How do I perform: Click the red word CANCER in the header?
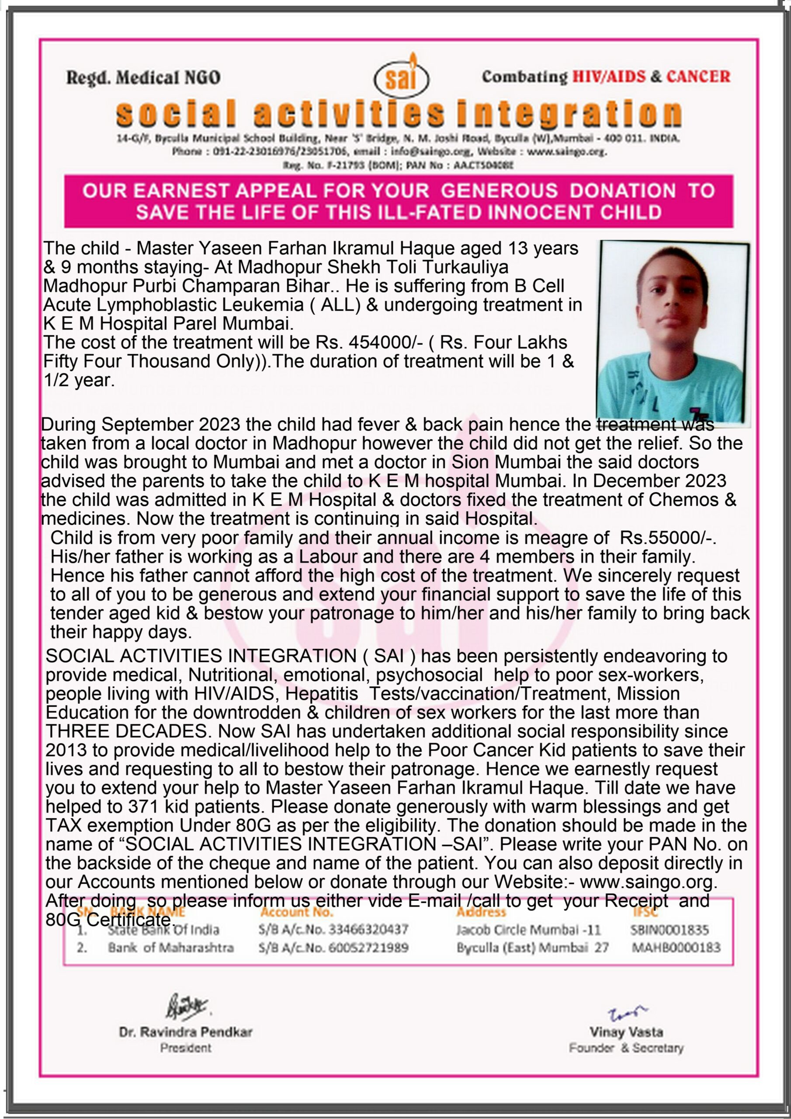698,76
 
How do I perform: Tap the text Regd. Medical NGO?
143,77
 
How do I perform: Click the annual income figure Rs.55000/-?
667,538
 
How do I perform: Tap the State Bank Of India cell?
163,930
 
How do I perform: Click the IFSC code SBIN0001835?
669,930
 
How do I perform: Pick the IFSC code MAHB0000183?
676,948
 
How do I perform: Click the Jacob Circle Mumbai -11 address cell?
528,930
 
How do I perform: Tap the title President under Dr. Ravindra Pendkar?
186,1048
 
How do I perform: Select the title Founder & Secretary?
626,1048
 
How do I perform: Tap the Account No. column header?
296,912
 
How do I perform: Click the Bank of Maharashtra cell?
170,948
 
